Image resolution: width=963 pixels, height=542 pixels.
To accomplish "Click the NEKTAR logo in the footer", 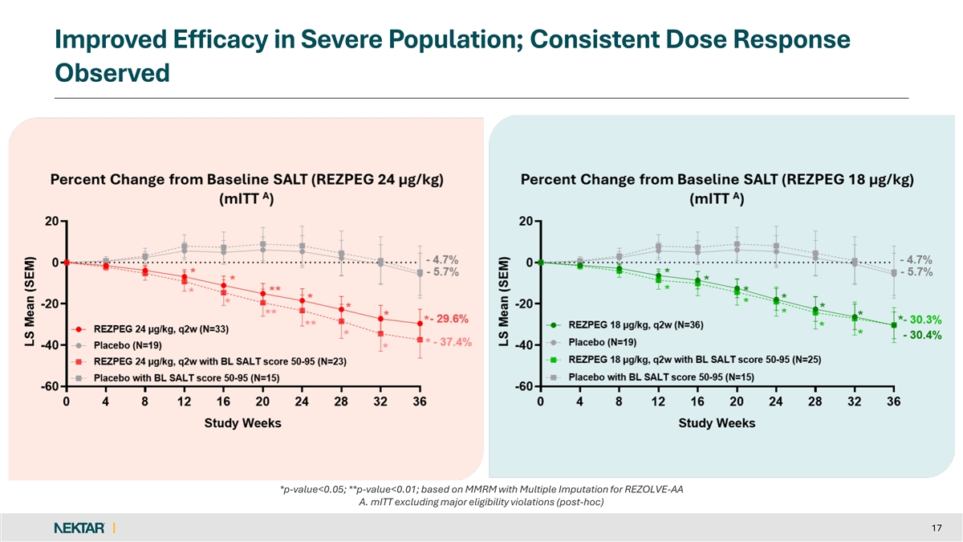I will click(78, 527).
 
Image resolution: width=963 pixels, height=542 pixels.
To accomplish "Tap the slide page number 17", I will click(937, 528).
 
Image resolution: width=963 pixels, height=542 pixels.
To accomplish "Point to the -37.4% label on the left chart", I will click(453, 342).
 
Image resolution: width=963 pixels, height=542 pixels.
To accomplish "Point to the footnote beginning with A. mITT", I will click(480, 503).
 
